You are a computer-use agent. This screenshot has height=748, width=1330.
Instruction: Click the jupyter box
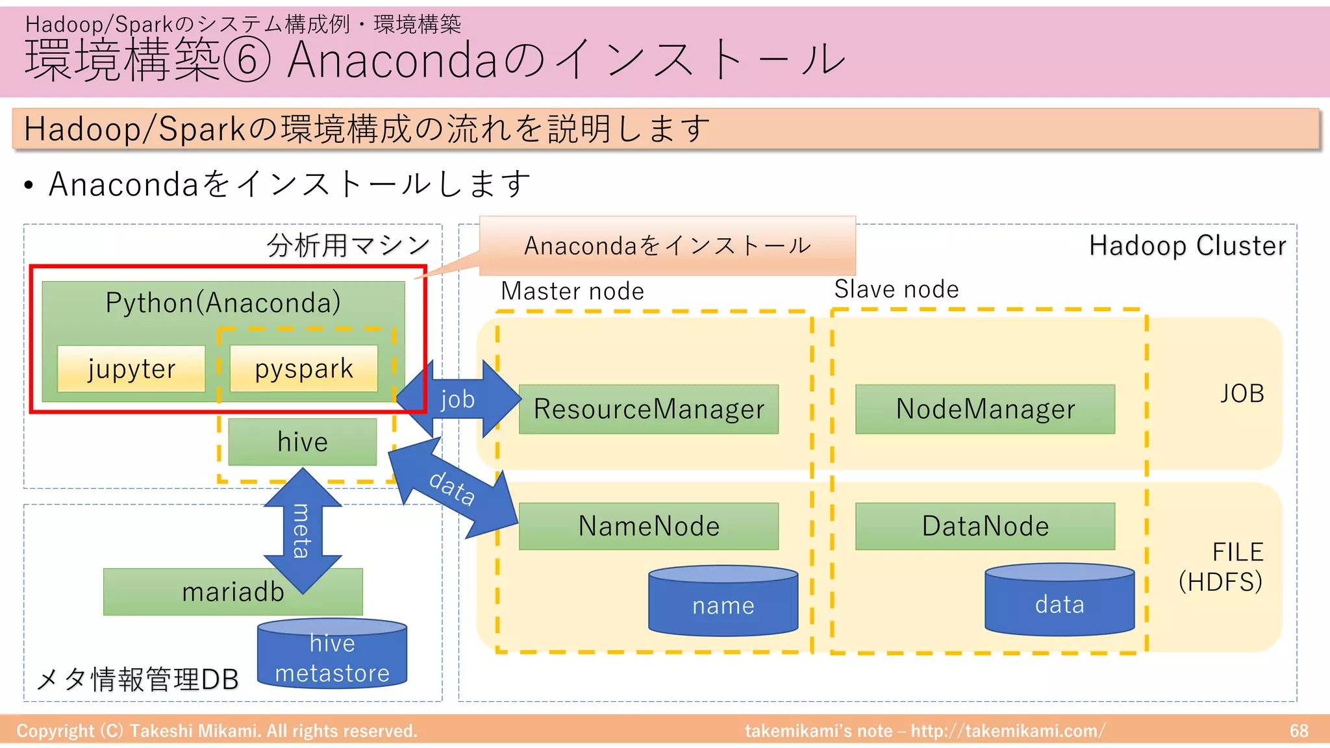pos(131,368)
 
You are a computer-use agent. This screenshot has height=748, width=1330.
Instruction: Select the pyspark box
pos(304,368)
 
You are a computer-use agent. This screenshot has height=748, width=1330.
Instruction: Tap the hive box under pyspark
pos(303,442)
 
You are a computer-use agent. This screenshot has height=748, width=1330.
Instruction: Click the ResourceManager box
pos(648,409)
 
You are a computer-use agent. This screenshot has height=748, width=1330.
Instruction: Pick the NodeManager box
pos(985,409)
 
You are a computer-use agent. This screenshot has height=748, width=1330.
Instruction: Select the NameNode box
pos(648,526)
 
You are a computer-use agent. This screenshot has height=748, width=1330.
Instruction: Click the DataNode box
pos(985,526)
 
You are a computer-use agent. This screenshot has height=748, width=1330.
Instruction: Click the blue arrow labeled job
pos(458,399)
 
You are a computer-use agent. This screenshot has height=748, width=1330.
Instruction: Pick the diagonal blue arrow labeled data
pos(453,488)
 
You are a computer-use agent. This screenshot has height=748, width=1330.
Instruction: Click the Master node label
pos(572,291)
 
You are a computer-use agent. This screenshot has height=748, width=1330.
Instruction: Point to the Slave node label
pos(896,289)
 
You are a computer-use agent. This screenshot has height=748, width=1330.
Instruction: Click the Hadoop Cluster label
pos(1187,245)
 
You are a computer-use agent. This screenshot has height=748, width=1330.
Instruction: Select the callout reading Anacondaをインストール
pos(667,245)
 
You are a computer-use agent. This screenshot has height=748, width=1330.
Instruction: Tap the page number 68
pos(1299,730)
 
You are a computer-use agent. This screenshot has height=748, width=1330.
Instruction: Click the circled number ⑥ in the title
pos(246,60)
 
